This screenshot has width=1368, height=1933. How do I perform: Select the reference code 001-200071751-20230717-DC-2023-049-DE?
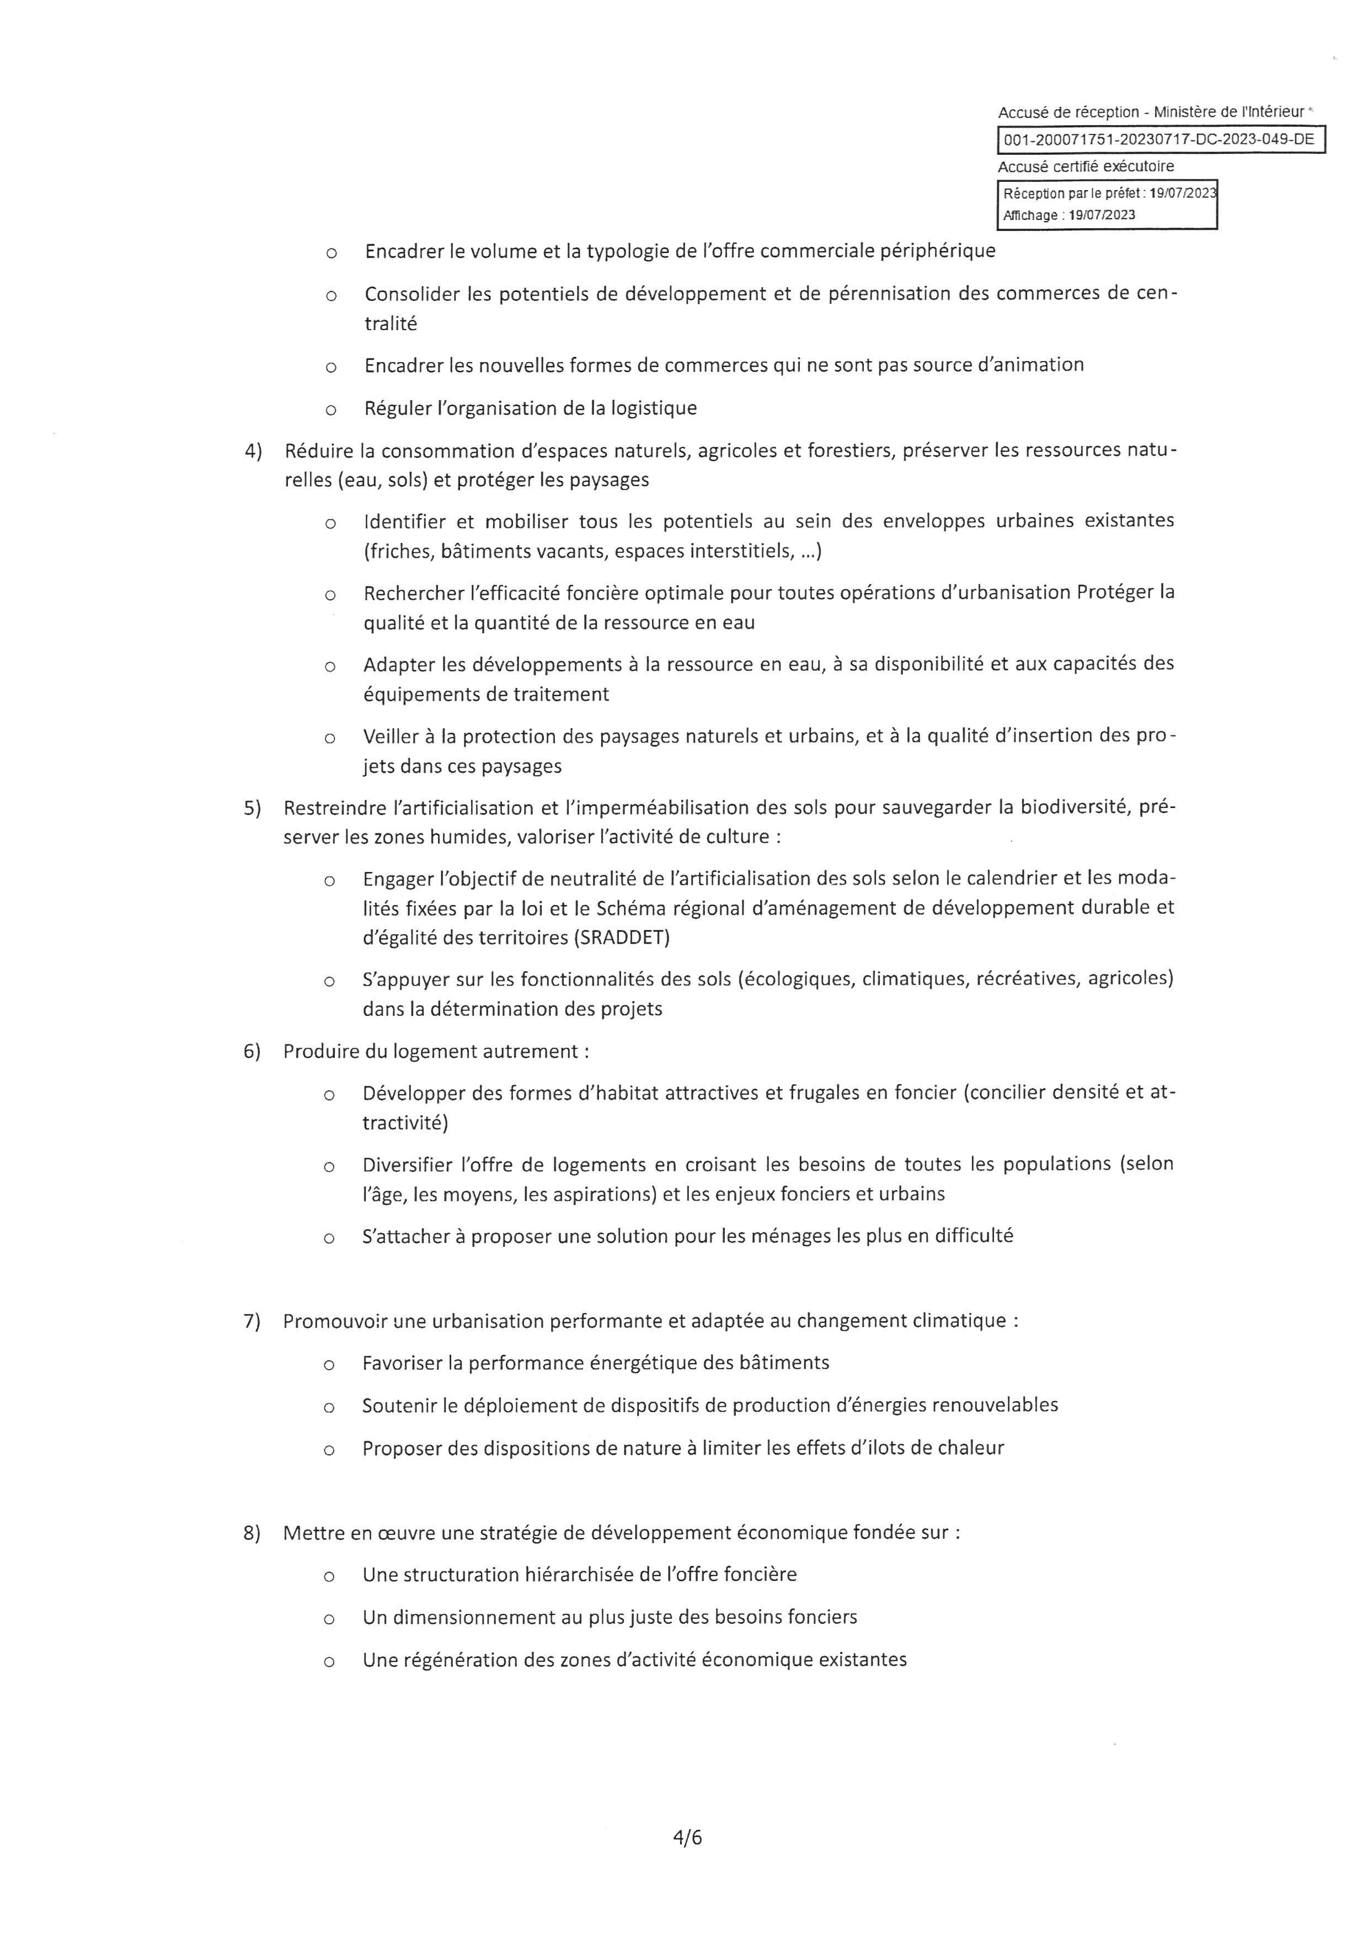(x=1159, y=140)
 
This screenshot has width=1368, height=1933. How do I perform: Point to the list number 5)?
(x=253, y=808)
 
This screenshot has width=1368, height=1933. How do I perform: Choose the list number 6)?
(x=252, y=1052)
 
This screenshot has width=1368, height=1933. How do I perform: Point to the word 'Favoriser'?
(x=402, y=1363)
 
